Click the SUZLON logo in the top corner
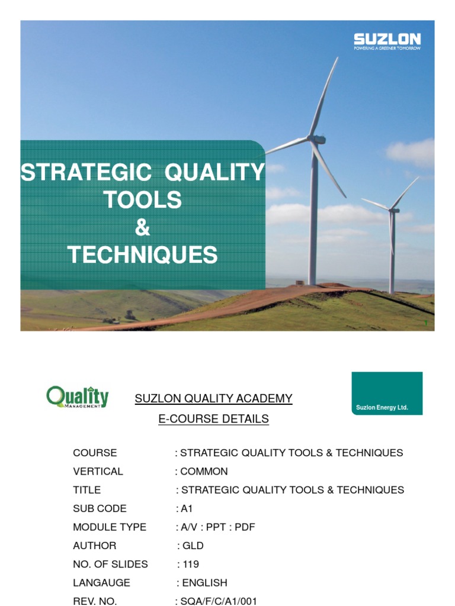(387, 41)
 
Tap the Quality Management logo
(78, 397)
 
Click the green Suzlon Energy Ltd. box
(387, 393)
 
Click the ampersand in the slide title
(142, 228)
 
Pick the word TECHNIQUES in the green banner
(142, 256)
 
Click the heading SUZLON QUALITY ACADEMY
(214, 399)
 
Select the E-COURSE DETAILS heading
(213, 419)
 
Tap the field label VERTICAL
(98, 472)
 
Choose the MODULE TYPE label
(110, 527)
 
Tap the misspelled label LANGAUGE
(101, 583)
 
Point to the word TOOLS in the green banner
(142, 201)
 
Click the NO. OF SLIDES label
(111, 565)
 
